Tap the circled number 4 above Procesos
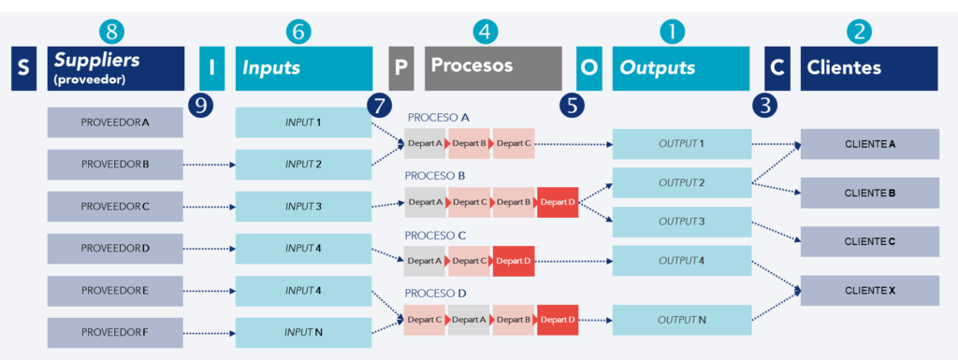[484, 32]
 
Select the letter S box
[24, 68]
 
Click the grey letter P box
[400, 68]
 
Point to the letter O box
[588, 68]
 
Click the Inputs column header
[302, 68]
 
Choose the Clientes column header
[868, 68]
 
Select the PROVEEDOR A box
[115, 122]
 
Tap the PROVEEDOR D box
[115, 249]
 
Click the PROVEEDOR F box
[115, 333]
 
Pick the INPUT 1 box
[303, 122]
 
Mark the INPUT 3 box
[303, 207]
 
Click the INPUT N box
[303, 333]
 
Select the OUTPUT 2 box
[681, 182]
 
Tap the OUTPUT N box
[681, 320]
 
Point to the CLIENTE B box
[870, 193]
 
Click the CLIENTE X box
[870, 291]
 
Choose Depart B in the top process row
[469, 143]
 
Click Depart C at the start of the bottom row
[425, 320]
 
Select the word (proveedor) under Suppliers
[90, 79]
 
